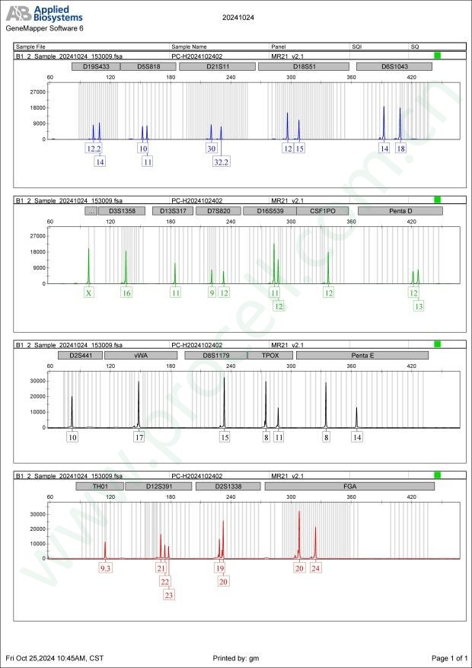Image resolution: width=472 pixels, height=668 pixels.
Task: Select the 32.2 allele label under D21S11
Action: point(221,161)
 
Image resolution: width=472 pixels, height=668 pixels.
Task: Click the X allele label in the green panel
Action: point(89,292)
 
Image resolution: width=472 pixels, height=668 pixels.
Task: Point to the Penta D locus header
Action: point(394,210)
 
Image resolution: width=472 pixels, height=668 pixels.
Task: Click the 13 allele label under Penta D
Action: point(418,305)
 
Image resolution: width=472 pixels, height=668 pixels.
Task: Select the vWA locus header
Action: point(140,355)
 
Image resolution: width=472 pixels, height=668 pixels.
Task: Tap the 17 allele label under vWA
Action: point(139,437)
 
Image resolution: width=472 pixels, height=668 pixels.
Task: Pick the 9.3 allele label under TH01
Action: point(106,567)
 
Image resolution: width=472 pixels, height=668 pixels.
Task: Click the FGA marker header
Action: point(349,486)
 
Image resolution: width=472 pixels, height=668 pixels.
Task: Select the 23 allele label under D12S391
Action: point(169,594)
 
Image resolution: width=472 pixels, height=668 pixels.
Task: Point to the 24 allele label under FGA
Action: point(316,567)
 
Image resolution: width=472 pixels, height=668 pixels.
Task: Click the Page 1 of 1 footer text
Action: point(448,657)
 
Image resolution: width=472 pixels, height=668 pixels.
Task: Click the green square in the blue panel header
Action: point(437,56)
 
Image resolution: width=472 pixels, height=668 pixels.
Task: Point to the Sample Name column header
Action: point(190,46)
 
